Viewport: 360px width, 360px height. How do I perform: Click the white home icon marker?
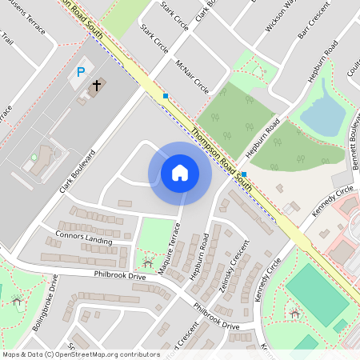[180, 173]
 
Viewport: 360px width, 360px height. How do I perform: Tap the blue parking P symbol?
[80, 72]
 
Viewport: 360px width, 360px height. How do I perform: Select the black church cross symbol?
[97, 84]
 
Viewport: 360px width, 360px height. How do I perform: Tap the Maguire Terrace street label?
[170, 249]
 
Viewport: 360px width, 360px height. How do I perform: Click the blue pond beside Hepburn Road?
[323, 117]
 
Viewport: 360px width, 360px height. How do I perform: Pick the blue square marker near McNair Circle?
[166, 96]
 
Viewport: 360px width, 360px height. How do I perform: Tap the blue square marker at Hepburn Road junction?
[244, 174]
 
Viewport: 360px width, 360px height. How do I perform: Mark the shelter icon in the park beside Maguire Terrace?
[146, 262]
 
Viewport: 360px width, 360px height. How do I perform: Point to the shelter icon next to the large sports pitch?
[294, 313]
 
